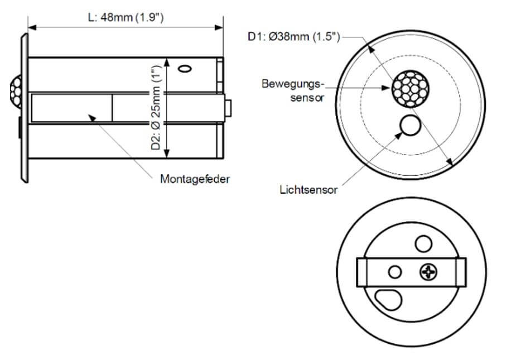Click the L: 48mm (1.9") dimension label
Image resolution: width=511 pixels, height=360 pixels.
click(x=126, y=17)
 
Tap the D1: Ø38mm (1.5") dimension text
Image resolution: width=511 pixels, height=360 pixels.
click(x=294, y=37)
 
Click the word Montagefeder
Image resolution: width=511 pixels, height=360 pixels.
click(x=195, y=179)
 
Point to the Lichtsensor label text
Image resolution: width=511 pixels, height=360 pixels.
click(x=308, y=190)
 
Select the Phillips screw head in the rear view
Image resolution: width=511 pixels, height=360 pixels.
click(x=428, y=272)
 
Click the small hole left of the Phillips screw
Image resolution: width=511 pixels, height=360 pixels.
click(x=395, y=272)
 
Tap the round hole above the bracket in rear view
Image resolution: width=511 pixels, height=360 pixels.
click(x=423, y=243)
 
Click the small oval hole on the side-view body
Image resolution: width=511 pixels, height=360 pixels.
click(x=184, y=69)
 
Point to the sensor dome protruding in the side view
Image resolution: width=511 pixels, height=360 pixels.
click(x=15, y=89)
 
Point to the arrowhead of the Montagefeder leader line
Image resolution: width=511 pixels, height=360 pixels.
click(x=89, y=116)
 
